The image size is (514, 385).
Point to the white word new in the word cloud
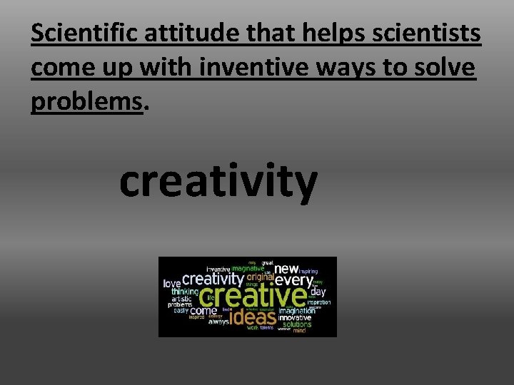click(286, 269)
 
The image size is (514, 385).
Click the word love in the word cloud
click(172, 284)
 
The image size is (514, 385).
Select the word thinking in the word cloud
click(185, 292)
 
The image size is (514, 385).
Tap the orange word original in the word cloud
click(261, 277)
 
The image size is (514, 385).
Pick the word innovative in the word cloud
click(295, 317)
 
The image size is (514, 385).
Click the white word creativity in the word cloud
click(213, 279)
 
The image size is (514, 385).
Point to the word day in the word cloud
click(318, 292)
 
